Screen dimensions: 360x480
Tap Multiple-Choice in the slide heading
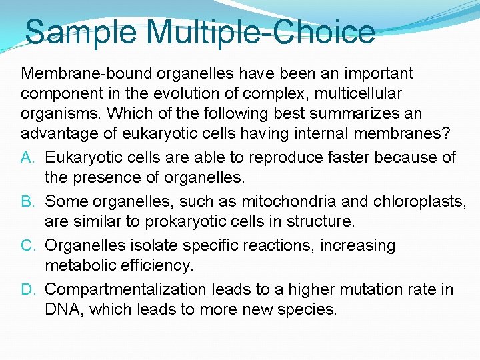tap(258, 32)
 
